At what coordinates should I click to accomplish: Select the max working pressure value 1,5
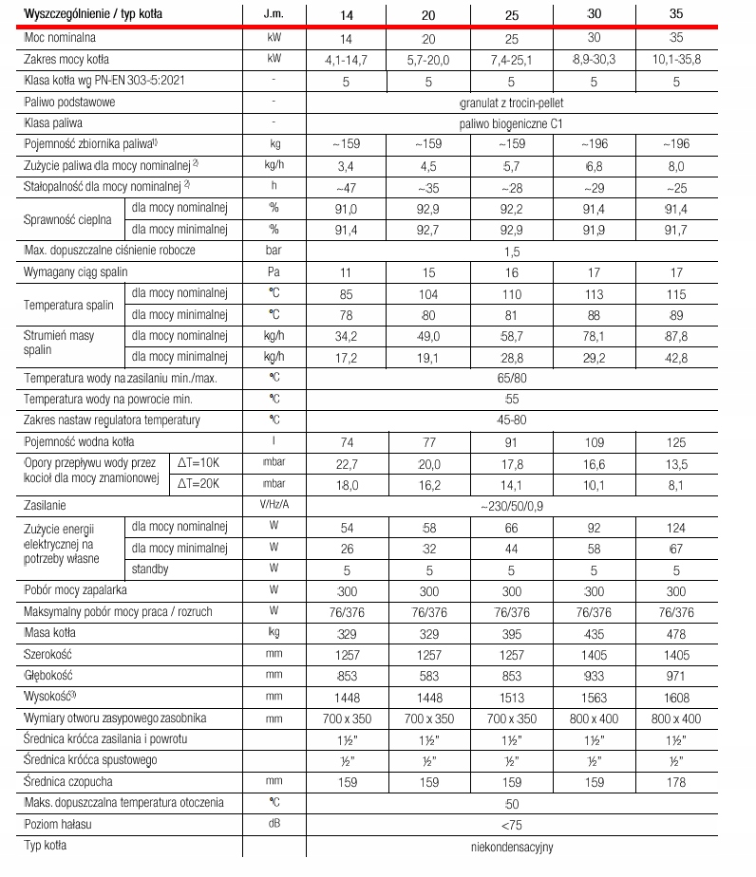[511, 251]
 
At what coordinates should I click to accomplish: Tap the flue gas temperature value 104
[428, 293]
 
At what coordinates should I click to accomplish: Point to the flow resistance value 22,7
[347, 462]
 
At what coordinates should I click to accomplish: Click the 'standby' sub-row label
[151, 569]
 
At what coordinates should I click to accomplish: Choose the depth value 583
[428, 676]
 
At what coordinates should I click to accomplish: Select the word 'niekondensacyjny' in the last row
[511, 846]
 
